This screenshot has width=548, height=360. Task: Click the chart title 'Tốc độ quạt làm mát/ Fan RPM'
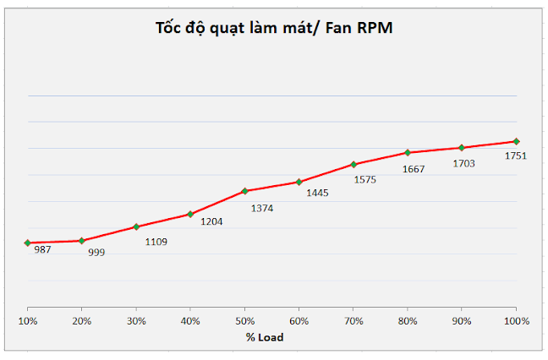(x=274, y=28)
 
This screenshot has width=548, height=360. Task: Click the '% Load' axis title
(x=265, y=337)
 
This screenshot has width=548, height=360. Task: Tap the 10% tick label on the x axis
(x=27, y=321)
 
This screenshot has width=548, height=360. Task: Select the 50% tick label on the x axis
(x=244, y=321)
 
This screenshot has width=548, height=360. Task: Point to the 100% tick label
(x=516, y=321)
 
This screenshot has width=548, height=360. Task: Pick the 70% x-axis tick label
(x=353, y=321)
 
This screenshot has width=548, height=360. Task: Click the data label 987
(x=42, y=249)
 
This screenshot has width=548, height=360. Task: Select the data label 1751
(x=515, y=155)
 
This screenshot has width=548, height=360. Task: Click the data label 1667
(x=414, y=168)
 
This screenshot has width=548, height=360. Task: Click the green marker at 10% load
(x=27, y=243)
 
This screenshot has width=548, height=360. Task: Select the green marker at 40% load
(x=190, y=214)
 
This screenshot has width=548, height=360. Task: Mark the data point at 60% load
(x=299, y=182)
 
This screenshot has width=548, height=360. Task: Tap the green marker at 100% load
(x=516, y=141)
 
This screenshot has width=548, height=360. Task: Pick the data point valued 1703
(x=462, y=148)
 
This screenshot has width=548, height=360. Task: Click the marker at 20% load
(x=81, y=241)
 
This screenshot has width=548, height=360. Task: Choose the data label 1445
(x=317, y=193)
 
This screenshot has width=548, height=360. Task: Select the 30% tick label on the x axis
(x=136, y=321)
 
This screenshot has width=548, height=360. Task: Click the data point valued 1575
(x=353, y=164)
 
